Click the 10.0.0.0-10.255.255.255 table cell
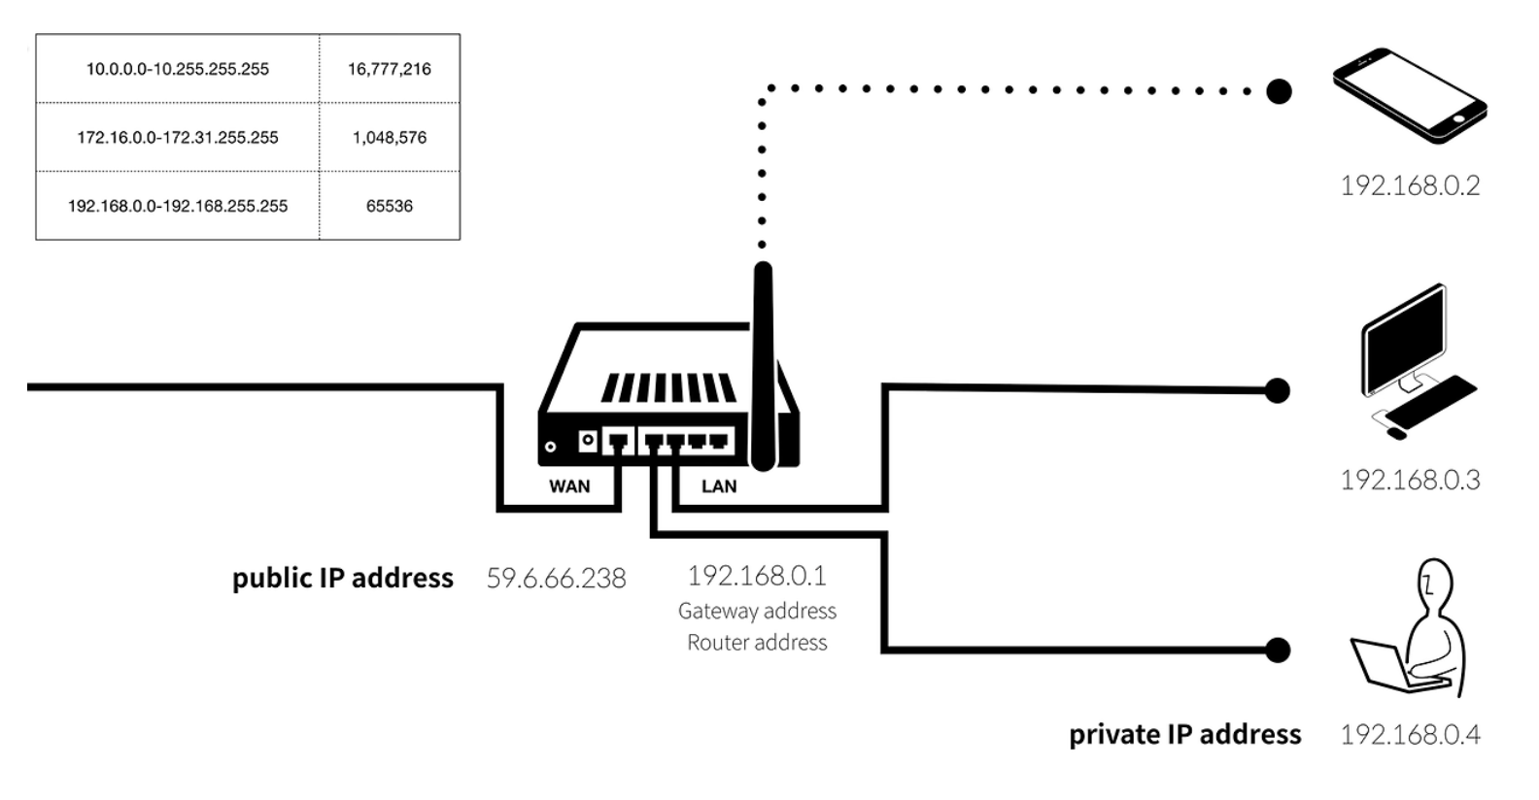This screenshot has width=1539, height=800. point(178,69)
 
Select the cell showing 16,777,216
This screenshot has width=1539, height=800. point(390,69)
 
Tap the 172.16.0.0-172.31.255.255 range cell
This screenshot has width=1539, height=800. point(178,138)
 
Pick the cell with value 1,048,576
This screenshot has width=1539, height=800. point(390,138)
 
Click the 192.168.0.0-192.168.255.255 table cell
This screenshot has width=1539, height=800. point(178,206)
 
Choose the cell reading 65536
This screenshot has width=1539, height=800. point(390,206)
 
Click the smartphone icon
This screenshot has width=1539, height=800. point(1409,95)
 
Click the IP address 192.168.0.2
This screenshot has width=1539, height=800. point(1410,185)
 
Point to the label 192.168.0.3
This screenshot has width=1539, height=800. point(1410,480)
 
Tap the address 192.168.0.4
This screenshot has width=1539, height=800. point(1410,735)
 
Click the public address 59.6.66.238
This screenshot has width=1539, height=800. point(556,579)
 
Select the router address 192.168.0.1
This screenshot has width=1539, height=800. point(757,576)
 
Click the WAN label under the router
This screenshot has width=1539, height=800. point(569,486)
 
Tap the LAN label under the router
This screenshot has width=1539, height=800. point(719,486)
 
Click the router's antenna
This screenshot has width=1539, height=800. point(765,369)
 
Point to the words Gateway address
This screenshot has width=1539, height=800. point(757,611)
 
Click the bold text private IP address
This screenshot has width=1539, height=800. point(1184,735)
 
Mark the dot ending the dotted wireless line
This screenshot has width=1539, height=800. point(1279,91)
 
